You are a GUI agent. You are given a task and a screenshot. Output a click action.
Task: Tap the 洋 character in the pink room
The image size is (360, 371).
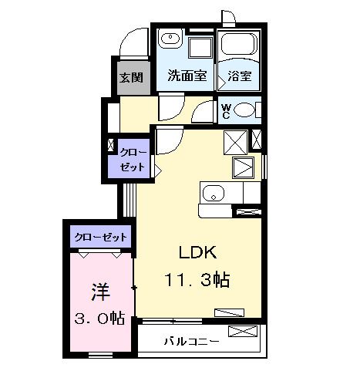99,292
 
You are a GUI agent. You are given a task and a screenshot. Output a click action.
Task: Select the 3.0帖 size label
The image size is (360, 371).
99,318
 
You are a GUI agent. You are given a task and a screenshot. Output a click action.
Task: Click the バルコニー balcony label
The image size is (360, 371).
190,339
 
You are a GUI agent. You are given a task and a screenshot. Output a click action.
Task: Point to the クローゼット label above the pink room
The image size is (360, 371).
101,237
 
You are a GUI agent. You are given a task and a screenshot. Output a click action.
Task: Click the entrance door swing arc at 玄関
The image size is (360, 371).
132,42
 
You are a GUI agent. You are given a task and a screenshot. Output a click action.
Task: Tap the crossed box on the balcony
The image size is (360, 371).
241,333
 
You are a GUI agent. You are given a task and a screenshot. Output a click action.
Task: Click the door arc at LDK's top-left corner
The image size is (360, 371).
168,139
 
